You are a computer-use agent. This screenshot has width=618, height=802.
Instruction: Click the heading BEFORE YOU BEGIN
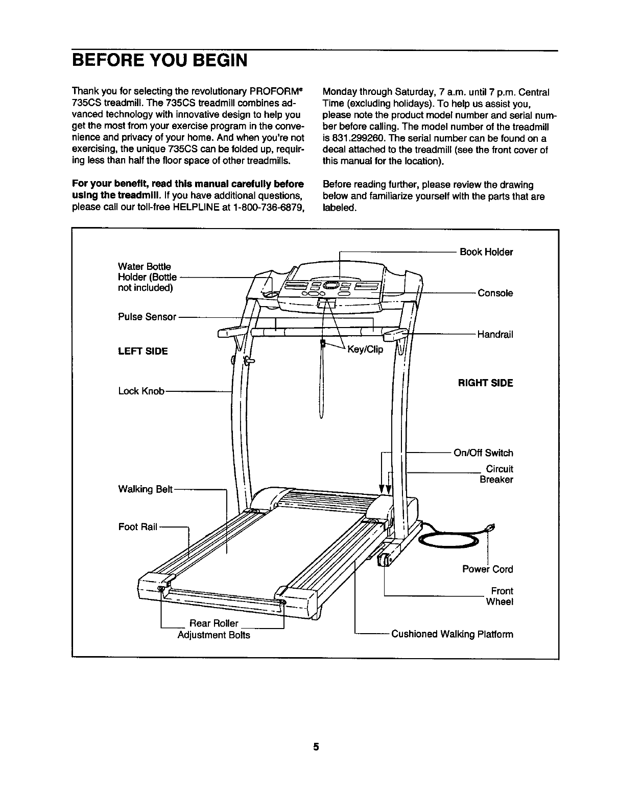click(x=159, y=60)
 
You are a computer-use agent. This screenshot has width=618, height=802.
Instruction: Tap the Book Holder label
click(x=486, y=252)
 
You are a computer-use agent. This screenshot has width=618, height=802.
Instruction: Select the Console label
click(x=495, y=293)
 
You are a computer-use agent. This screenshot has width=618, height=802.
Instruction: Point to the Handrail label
click(x=495, y=335)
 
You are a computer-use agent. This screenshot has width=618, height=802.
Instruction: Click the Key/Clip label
click(x=365, y=349)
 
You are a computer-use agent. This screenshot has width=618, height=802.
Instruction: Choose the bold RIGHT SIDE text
click(x=485, y=383)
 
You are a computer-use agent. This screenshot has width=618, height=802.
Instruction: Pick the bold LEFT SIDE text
click(x=142, y=352)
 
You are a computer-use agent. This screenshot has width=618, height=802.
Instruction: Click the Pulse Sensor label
click(x=147, y=317)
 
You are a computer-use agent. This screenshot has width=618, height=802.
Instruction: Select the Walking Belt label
click(x=146, y=490)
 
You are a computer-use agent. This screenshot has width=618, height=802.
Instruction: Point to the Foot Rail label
click(x=137, y=527)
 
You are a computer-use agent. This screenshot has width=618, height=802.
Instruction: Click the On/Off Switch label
click(x=483, y=453)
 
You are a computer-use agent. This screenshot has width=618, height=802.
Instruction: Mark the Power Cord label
click(x=487, y=569)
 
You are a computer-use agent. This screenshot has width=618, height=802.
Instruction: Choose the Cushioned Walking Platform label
click(x=452, y=635)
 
